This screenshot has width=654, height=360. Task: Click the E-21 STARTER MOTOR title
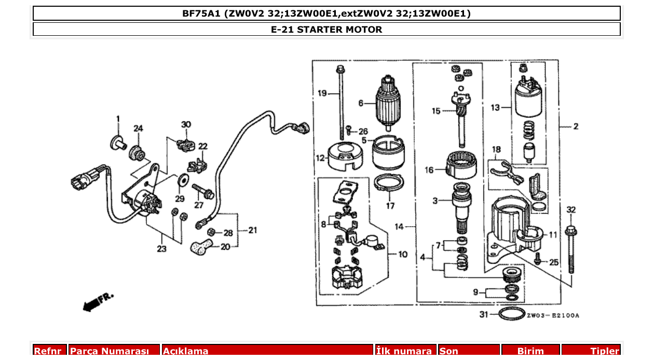pyautogui.click(x=326, y=30)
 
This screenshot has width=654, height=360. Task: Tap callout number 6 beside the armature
pyautogui.click(x=361, y=103)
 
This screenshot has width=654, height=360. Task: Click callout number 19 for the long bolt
pyautogui.click(x=322, y=93)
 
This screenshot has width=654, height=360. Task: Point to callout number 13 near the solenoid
pyautogui.click(x=496, y=108)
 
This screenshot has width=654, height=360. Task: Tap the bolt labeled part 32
pyautogui.click(x=571, y=249)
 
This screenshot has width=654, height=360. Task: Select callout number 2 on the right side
pyautogui.click(x=576, y=126)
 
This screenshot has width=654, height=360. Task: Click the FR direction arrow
pyautogui.click(x=97, y=301)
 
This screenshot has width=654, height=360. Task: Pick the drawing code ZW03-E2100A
pyautogui.click(x=553, y=315)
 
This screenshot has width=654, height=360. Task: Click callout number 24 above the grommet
pyautogui.click(x=138, y=129)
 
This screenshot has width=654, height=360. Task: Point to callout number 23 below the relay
pyautogui.click(x=162, y=249)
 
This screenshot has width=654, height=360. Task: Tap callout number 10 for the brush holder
pyautogui.click(x=403, y=255)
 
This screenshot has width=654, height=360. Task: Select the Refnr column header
pyautogui.click(x=50, y=351)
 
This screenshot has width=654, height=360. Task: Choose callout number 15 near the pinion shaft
pyautogui.click(x=435, y=110)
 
